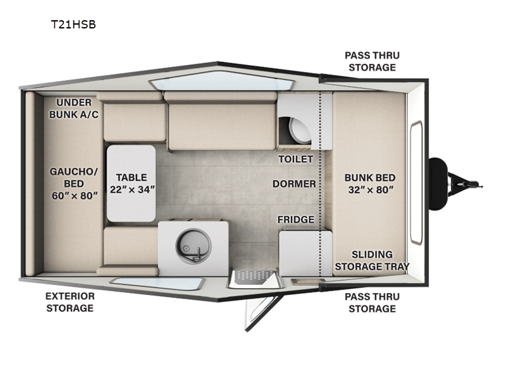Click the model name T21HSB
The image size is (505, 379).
(73, 25)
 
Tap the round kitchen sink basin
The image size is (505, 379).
(193, 246)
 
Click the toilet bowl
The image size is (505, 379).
(300, 130)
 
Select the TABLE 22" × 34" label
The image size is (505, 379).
(132, 183)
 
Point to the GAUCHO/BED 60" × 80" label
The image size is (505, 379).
(74, 183)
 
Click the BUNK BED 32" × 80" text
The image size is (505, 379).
(370, 184)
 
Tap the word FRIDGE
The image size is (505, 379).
(295, 219)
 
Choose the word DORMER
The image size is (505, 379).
(294, 184)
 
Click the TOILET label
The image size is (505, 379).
(295, 159)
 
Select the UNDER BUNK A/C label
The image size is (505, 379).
(74, 108)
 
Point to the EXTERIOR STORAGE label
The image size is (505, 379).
(70, 302)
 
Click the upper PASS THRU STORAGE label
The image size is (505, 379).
(372, 61)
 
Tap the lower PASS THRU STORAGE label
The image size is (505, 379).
(372, 303)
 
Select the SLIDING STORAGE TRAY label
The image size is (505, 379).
(372, 260)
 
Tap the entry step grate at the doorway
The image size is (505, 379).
(254, 277)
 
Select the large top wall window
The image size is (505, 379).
(222, 81)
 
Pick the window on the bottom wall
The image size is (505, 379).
(157, 284)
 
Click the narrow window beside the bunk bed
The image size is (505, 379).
(416, 183)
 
